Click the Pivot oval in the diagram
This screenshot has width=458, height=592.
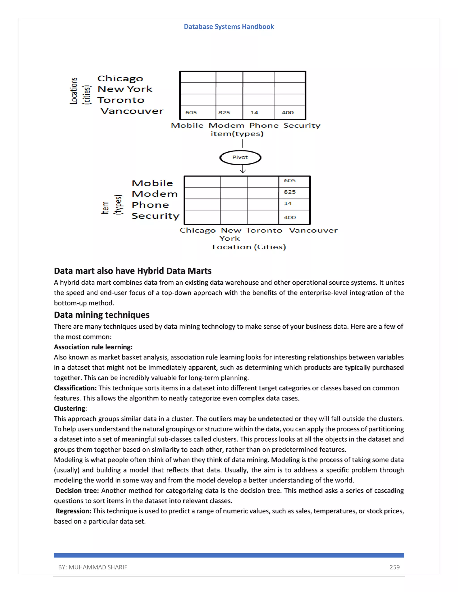pyautogui.click(x=240, y=157)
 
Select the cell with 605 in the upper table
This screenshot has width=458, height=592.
pyautogui.click(x=191, y=113)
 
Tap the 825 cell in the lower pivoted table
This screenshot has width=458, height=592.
pyautogui.click(x=290, y=192)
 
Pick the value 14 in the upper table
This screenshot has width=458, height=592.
pyautogui.click(x=254, y=113)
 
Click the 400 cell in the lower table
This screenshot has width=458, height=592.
pyautogui.click(x=290, y=217)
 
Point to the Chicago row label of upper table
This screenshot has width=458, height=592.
pyautogui.click(x=120, y=79)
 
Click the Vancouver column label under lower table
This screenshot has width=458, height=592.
pyautogui.click(x=313, y=230)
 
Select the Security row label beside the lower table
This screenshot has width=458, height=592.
pyautogui.click(x=155, y=216)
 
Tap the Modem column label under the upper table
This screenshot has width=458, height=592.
pyautogui.click(x=226, y=126)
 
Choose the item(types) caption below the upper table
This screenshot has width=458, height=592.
pyautogui.click(x=237, y=134)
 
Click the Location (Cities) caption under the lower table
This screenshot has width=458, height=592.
pyautogui.click(x=249, y=247)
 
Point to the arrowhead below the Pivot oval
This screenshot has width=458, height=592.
pyautogui.click(x=243, y=171)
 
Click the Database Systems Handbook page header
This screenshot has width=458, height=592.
pyautogui.click(x=229, y=27)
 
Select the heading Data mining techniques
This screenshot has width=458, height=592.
pyautogui.click(x=102, y=315)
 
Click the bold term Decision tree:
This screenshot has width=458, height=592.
pyautogui.click(x=77, y=491)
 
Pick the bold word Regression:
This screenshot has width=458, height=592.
pyautogui.click(x=73, y=511)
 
